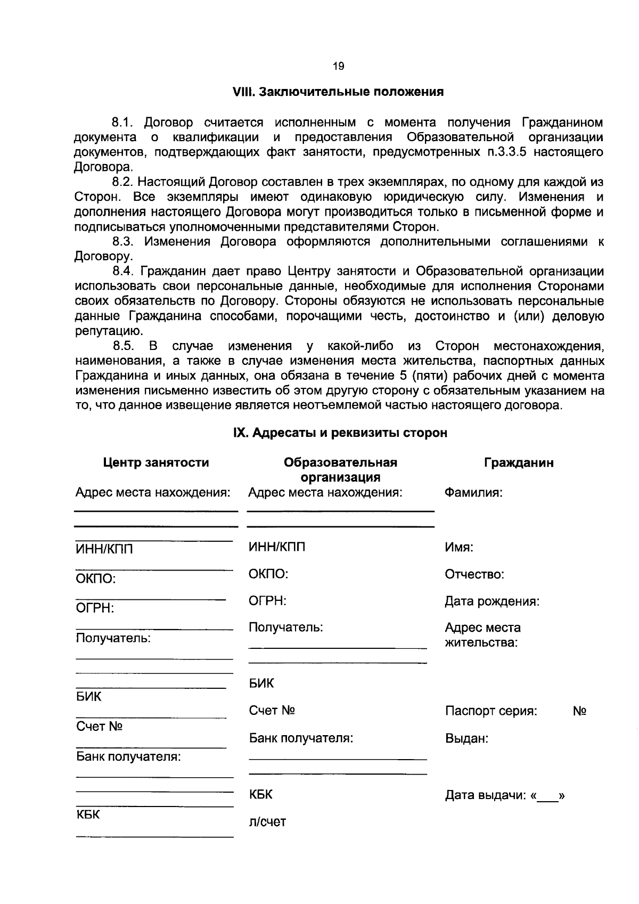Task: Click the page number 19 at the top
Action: [x=338, y=67]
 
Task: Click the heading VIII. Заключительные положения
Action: [x=338, y=92]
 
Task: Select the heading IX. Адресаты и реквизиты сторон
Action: [x=340, y=433]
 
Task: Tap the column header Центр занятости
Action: [x=156, y=462]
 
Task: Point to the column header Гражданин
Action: [x=519, y=463]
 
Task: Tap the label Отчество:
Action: [x=474, y=574]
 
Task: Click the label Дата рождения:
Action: [x=492, y=601]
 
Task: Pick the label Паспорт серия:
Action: [x=491, y=711]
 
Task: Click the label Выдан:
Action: [x=466, y=739]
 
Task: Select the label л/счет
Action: [x=267, y=821]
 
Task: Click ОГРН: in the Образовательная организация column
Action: [x=268, y=601]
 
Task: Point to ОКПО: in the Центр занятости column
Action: [x=96, y=579]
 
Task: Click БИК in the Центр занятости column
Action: [x=89, y=697]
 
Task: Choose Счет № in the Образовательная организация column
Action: [x=272, y=711]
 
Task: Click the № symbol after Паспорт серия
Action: [x=579, y=711]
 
